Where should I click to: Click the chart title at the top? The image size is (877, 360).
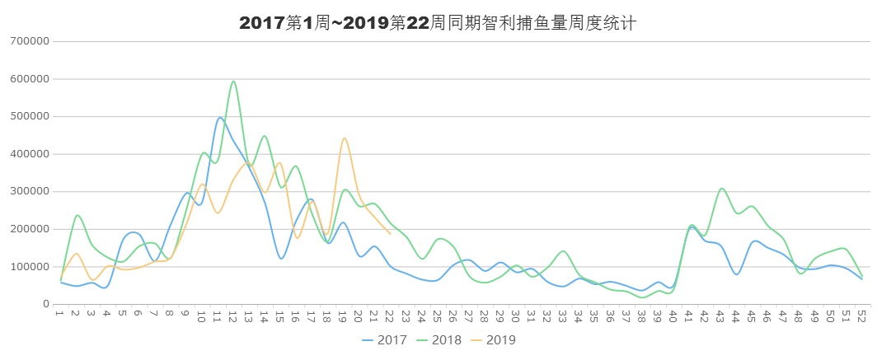(438, 23)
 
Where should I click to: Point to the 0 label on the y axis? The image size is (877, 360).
(47, 304)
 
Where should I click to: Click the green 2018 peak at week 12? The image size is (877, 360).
(234, 80)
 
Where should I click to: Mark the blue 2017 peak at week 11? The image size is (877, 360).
(219, 118)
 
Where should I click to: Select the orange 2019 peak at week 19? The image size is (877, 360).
(345, 138)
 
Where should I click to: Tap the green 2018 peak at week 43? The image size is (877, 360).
(722, 189)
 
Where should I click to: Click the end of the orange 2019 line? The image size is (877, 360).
(391, 234)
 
